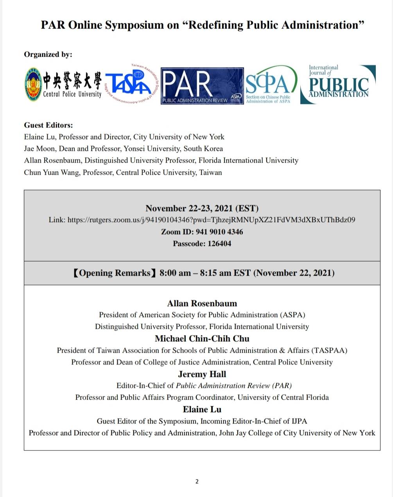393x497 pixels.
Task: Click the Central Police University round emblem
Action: point(33,84)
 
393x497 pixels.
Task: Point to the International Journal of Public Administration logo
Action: point(338,84)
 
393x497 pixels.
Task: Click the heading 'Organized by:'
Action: point(48,54)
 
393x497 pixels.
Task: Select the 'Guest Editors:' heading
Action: point(48,125)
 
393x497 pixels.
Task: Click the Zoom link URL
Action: point(211,220)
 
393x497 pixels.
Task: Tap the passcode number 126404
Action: point(219,244)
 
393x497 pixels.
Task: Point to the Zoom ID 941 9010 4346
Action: point(218,232)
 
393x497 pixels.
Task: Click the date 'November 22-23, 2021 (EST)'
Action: point(202,208)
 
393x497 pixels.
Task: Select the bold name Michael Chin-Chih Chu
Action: point(202,339)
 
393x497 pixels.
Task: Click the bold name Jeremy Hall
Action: point(202,374)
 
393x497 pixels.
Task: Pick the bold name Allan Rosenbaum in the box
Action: point(202,303)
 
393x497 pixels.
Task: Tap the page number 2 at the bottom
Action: point(197,481)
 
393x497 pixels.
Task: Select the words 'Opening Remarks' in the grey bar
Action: point(115,273)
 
